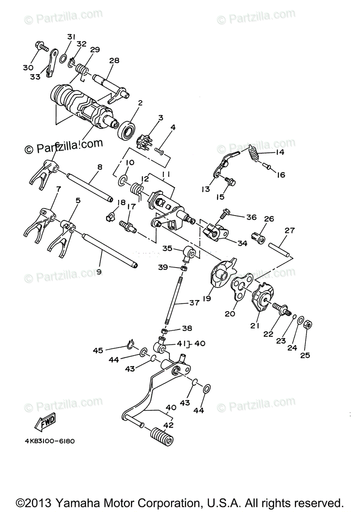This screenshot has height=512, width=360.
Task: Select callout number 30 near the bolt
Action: coord(28,67)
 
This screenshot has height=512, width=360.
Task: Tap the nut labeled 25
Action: coord(308,325)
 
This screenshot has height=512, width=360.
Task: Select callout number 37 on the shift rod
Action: coord(195,303)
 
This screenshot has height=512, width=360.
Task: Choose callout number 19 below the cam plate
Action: coord(207,299)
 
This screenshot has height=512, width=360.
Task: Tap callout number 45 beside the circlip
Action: coord(99,350)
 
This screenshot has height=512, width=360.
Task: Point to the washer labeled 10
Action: coord(122,180)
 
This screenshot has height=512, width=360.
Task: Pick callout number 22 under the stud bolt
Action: coord(268,334)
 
